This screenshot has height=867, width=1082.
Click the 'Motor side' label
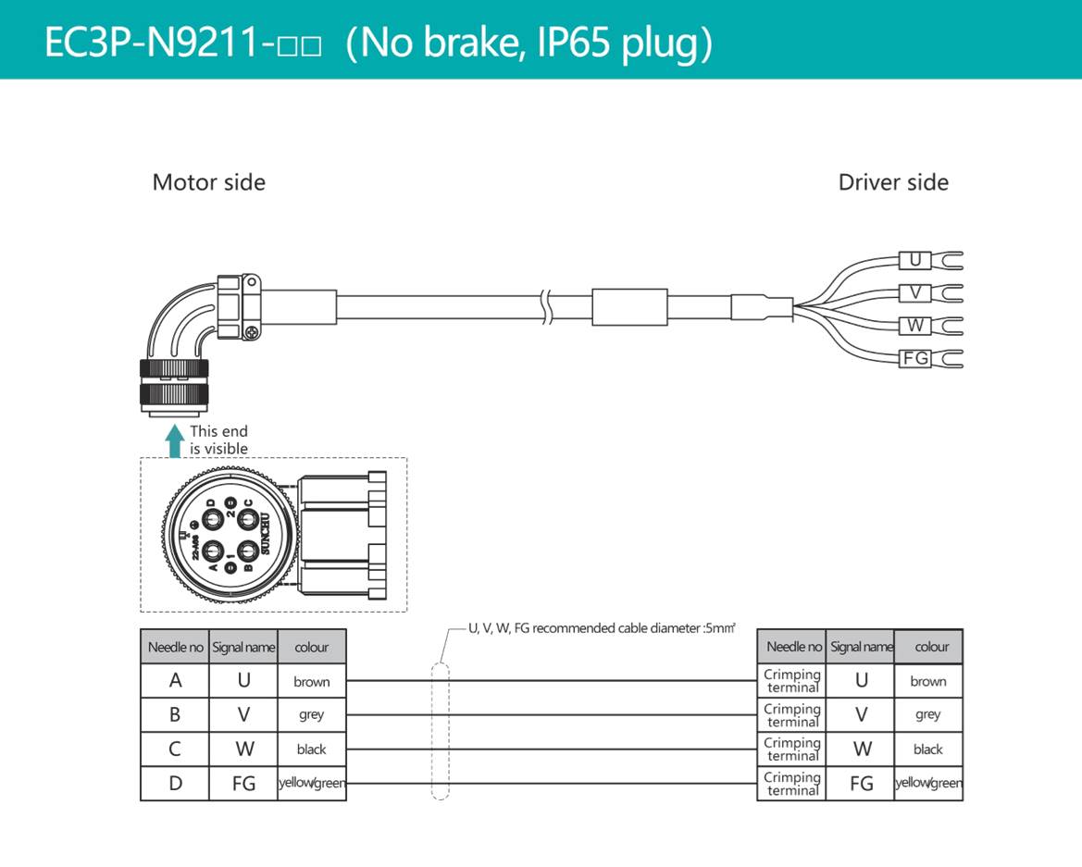click(208, 182)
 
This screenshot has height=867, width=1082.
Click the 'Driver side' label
click(892, 182)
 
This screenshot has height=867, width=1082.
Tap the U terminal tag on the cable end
click(914, 261)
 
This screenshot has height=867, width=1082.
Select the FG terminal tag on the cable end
click(915, 358)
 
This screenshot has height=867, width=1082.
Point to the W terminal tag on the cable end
click(914, 326)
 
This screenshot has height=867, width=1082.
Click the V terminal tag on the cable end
click(914, 293)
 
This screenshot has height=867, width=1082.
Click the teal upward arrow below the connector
click(174, 441)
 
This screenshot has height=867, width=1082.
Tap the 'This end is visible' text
click(218, 440)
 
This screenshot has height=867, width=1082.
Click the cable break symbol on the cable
click(547, 305)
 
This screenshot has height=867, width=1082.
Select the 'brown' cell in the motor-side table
click(311, 682)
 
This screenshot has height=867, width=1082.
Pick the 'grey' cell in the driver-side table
click(927, 714)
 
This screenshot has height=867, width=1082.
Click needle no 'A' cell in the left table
click(175, 681)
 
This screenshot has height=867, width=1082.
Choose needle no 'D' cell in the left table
click(175, 784)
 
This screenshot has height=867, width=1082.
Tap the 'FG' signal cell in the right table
click(861, 784)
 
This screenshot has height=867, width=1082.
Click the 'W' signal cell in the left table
click(243, 749)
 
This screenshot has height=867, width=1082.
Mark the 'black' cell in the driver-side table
click(927, 749)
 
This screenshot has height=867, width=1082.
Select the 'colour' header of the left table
click(311, 648)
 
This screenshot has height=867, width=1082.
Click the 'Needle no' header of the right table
click(793, 647)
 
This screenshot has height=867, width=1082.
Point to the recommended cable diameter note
click(602, 628)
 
